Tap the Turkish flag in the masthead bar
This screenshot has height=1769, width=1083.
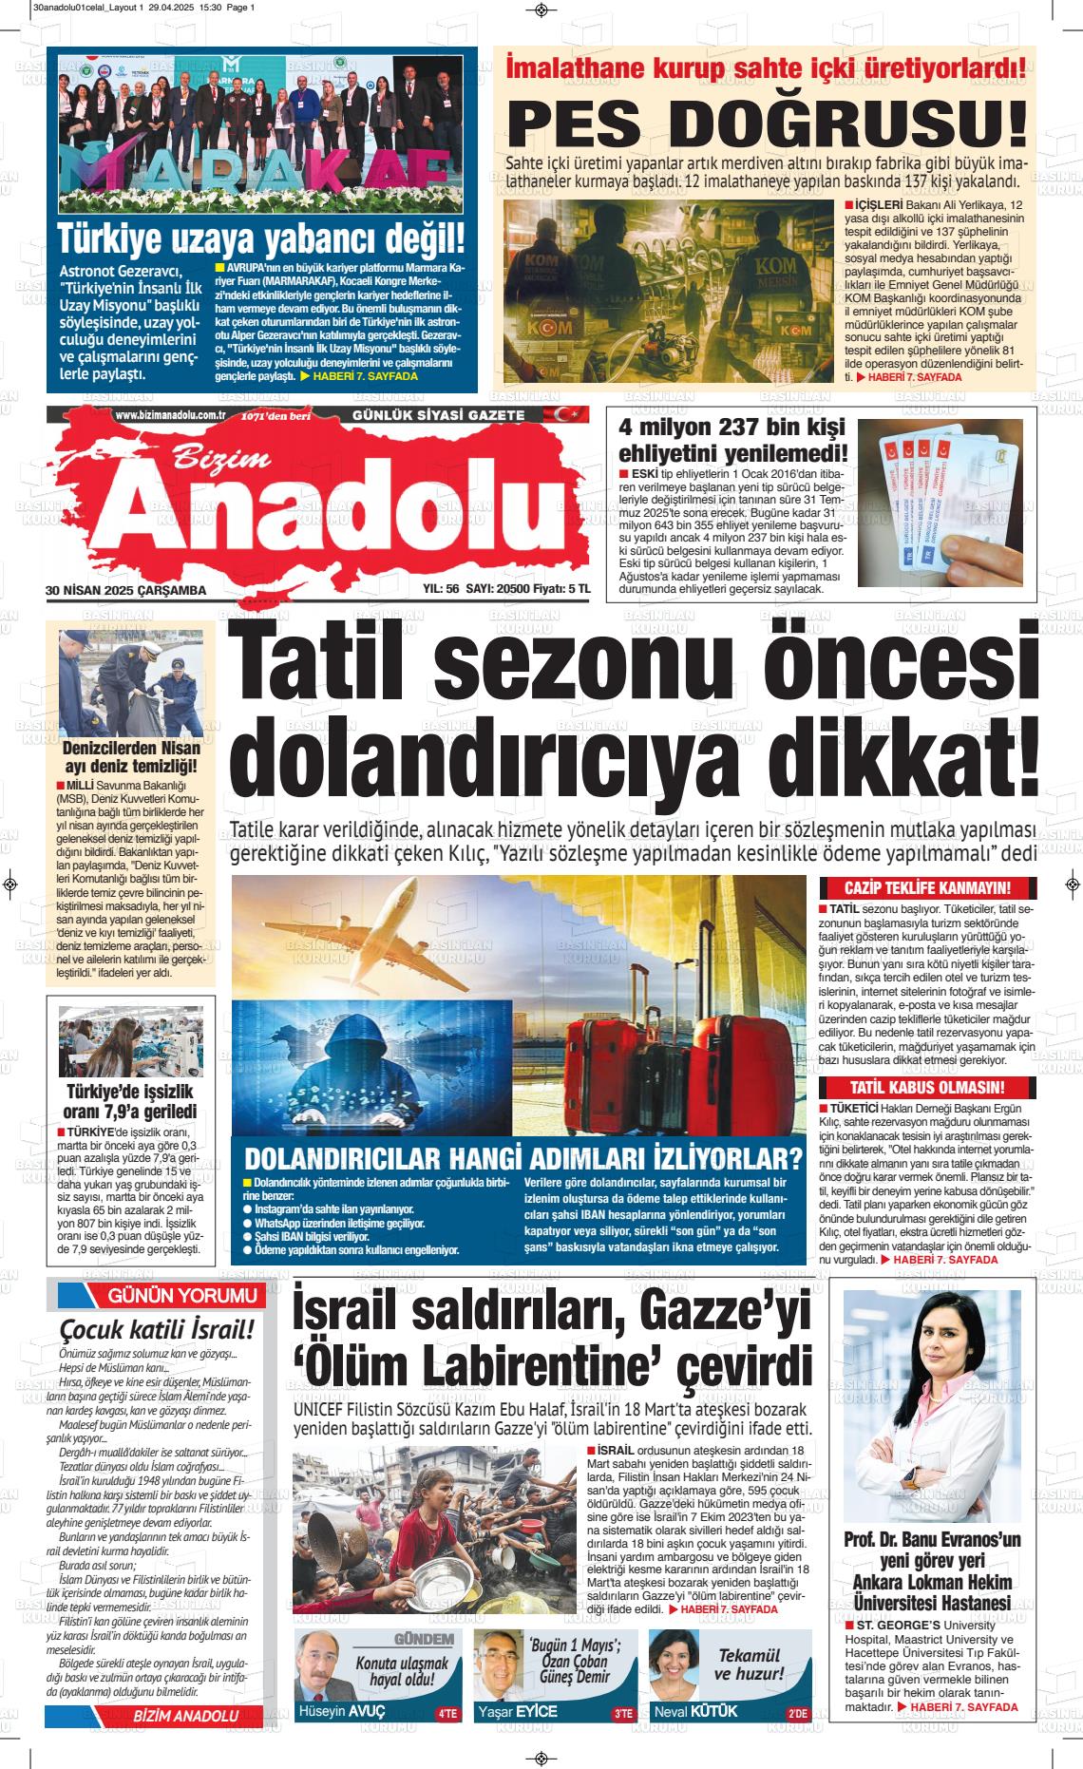tap(568, 415)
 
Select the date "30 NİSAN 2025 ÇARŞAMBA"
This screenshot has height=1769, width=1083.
tap(125, 590)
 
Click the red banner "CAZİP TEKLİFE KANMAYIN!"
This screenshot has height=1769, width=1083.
tap(926, 888)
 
